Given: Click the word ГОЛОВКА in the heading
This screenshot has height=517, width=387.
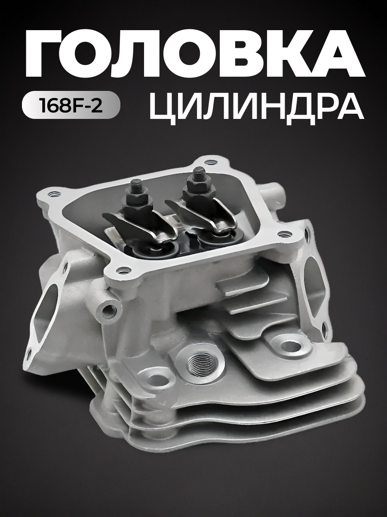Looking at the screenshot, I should click(193, 54).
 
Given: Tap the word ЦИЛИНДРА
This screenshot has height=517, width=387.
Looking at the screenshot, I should click(256, 106).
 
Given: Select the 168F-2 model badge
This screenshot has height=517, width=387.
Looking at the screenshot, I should click(71, 105).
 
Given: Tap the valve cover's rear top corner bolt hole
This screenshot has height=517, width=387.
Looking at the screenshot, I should click(210, 162).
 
